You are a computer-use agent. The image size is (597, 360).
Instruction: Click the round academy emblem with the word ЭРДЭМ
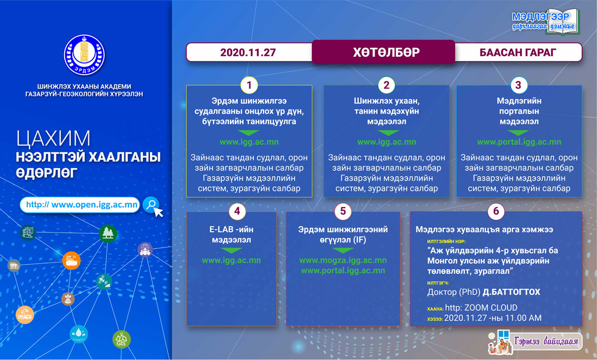click(84, 55)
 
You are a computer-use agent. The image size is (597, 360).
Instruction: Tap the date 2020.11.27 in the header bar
click(248, 53)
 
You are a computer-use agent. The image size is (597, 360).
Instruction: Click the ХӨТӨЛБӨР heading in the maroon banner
click(386, 52)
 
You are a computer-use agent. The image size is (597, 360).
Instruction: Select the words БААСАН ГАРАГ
click(517, 53)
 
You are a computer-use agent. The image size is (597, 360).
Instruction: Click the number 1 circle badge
click(249, 85)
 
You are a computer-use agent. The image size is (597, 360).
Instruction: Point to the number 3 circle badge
click(518, 85)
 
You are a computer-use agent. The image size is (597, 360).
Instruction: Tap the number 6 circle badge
click(496, 211)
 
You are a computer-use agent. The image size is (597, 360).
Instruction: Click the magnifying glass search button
click(152, 205)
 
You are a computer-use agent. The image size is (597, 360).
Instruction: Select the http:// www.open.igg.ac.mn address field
click(80, 205)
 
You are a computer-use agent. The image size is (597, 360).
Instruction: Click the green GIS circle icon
click(121, 340)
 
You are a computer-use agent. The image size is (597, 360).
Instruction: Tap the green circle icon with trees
click(107, 233)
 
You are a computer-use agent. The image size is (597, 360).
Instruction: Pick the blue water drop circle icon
click(79, 334)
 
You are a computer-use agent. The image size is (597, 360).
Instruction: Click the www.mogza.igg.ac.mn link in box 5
click(343, 261)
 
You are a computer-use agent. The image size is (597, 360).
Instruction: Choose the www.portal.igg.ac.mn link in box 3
click(519, 142)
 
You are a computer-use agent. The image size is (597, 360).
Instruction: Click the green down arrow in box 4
click(231, 250)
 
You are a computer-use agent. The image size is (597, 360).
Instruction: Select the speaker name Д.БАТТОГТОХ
click(511, 292)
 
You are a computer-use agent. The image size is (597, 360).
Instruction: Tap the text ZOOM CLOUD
click(491, 308)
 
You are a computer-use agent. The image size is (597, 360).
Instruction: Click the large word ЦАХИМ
click(53, 139)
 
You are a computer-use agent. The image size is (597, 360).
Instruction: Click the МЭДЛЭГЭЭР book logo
click(545, 22)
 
